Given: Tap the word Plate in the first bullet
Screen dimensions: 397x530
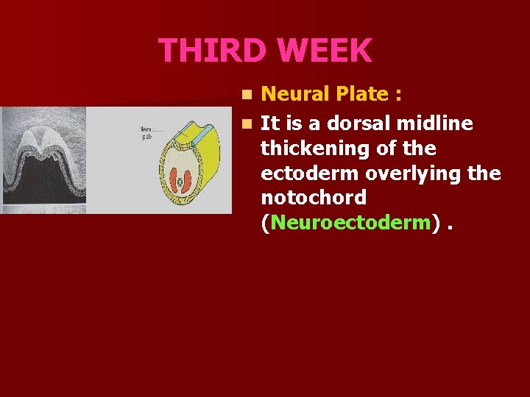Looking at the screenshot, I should (x=363, y=94).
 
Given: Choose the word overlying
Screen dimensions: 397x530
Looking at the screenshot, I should (x=417, y=174).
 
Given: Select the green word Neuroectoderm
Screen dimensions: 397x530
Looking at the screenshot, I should (x=350, y=223).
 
